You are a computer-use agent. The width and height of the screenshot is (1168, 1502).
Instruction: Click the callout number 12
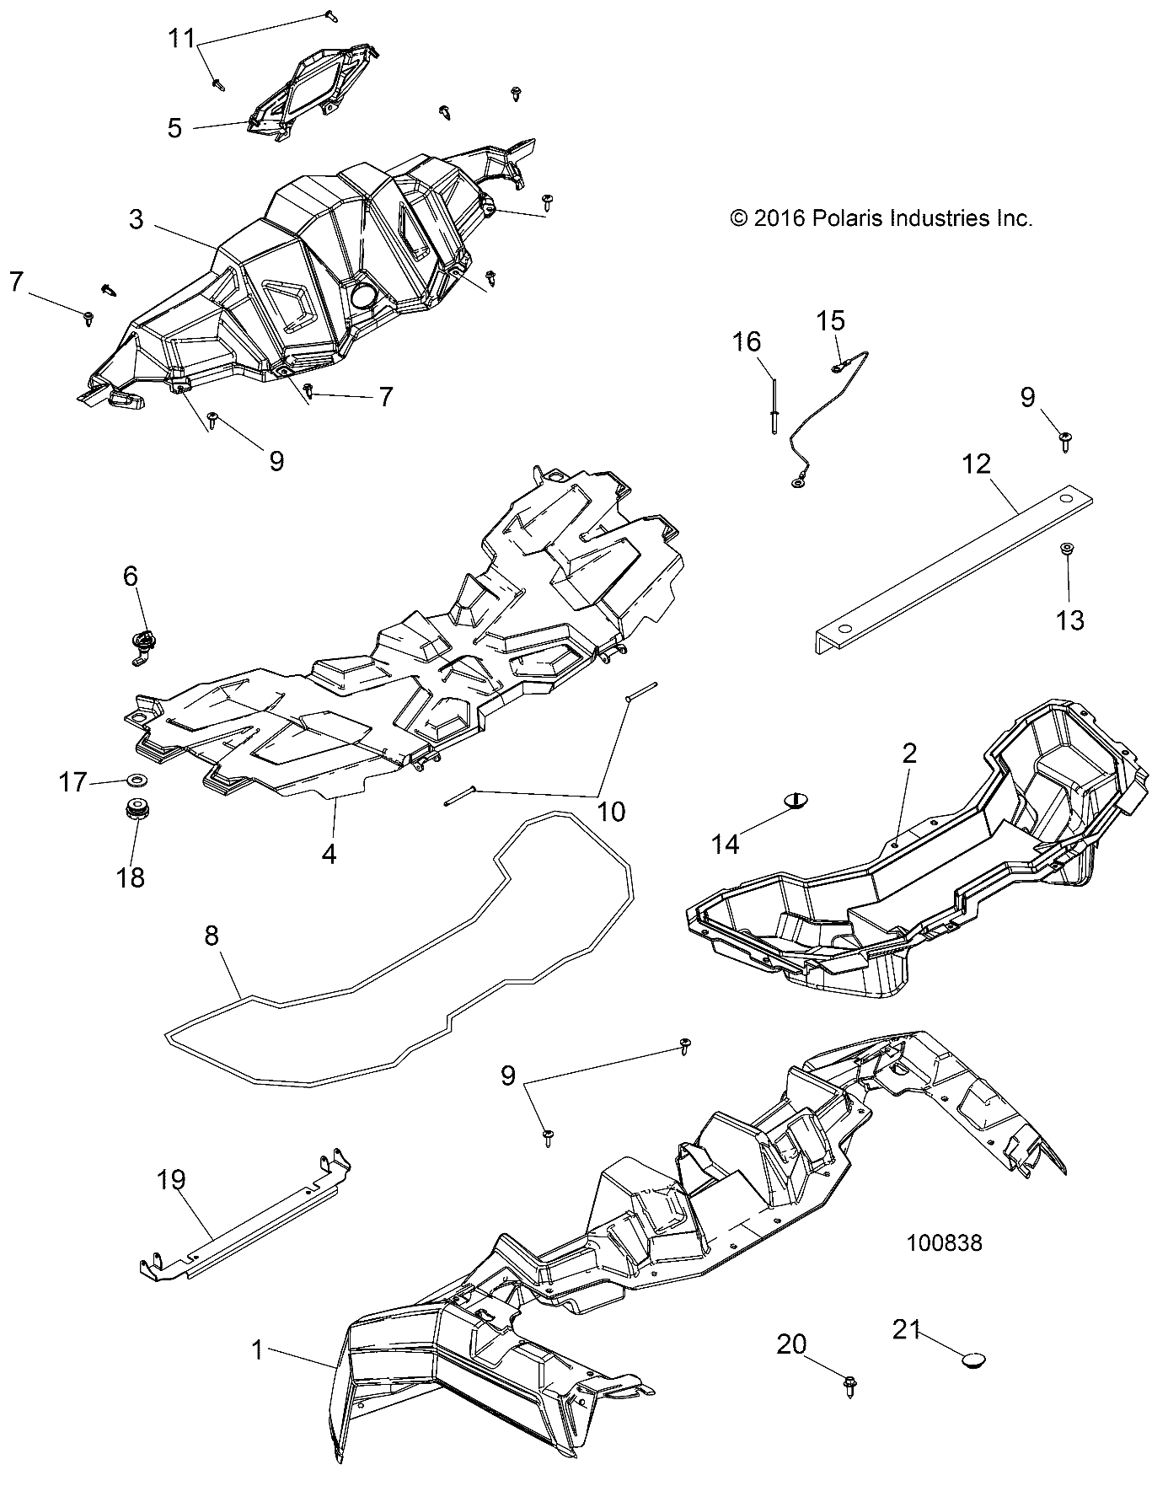(977, 464)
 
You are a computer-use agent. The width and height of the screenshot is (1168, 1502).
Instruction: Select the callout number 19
(171, 1180)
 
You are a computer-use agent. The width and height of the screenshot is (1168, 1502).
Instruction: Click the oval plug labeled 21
(975, 1383)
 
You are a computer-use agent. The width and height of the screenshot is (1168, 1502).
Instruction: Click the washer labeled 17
(136, 775)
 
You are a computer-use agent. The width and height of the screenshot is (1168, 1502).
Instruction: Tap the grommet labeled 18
(133, 813)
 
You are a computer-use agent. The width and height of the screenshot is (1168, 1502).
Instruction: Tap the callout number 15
(831, 321)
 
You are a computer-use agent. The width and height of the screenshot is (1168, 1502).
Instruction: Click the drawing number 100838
(945, 1242)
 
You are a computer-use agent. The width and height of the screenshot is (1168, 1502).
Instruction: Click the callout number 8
(211, 935)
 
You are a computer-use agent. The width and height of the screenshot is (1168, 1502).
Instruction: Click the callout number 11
(182, 39)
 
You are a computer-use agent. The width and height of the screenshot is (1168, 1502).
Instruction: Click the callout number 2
(909, 753)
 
